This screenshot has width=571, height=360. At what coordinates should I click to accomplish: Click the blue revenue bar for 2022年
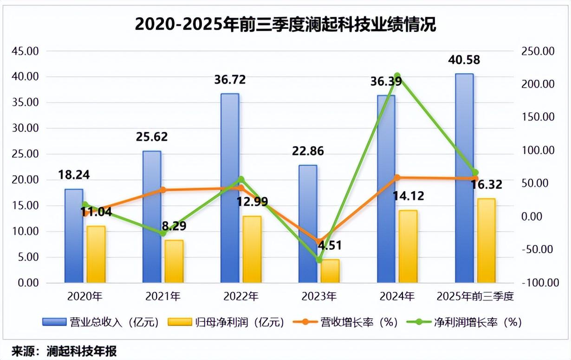coord(230,188)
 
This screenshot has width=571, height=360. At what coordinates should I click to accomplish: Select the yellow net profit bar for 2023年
coord(331,271)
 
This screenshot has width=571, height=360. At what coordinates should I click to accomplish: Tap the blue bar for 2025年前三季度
coord(464,178)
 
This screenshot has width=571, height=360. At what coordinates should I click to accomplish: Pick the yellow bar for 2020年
coord(96,254)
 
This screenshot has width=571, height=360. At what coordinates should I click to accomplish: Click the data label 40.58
coord(464,60)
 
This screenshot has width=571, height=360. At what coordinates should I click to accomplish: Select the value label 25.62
coord(152,137)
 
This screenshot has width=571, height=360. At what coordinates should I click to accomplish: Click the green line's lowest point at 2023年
coord(319,260)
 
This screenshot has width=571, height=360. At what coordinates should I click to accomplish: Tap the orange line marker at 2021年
coord(162,190)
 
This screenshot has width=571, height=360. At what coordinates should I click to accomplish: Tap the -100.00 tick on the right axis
coord(539,283)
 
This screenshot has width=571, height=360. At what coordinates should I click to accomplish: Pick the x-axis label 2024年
coord(396,296)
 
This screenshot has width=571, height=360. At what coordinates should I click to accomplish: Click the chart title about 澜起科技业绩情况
coord(285,24)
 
